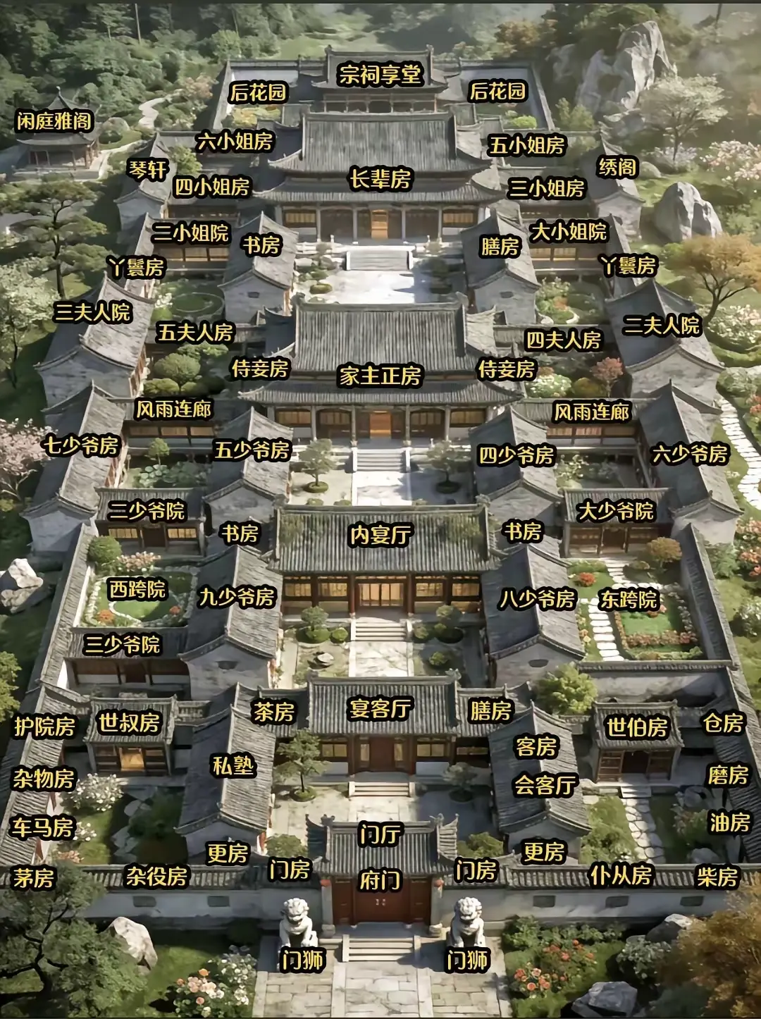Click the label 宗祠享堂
pos(380,74)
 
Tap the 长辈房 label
pos(380,179)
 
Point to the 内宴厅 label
pos(380,535)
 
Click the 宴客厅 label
pos(380,708)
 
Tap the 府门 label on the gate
pos(380,880)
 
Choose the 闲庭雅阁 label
pos(55,121)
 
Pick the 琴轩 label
pos(148,169)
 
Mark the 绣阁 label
pos(618,167)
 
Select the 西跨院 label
pos(137,589)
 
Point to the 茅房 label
pos(34,878)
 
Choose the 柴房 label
pos(717,877)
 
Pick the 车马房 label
pos(42,827)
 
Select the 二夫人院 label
pos(661,324)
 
